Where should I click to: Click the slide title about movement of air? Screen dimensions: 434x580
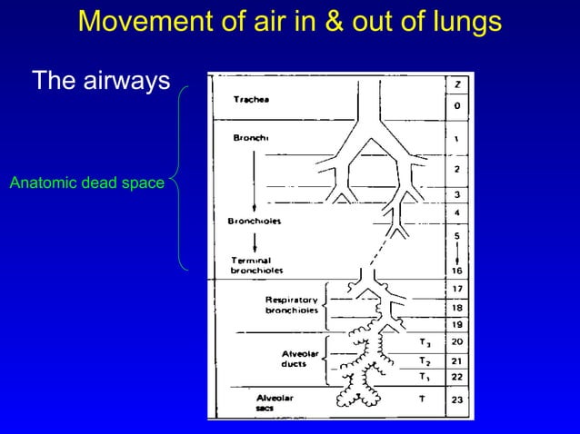(x=289, y=21)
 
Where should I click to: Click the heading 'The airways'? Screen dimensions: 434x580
(x=101, y=81)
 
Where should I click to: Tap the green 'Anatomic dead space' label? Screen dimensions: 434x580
(x=86, y=184)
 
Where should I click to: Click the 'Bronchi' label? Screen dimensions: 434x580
(x=252, y=138)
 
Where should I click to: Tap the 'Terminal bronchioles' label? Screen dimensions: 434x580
(x=256, y=264)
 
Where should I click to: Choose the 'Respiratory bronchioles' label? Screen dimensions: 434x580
(x=291, y=304)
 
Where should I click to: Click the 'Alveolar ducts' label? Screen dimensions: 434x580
(x=297, y=358)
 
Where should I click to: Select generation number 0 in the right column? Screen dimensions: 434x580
(x=457, y=106)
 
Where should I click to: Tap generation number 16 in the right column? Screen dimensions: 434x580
(x=457, y=271)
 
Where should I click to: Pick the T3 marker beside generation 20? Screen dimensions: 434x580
(x=425, y=343)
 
